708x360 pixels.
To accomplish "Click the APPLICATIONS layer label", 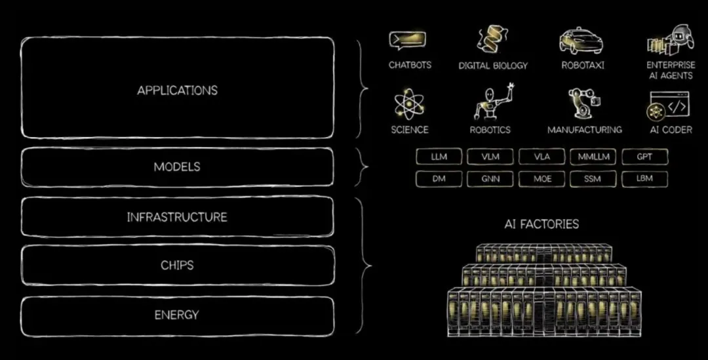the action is click(177, 90).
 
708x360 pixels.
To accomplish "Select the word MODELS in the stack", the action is click(177, 167).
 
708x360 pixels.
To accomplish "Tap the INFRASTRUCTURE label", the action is click(177, 216).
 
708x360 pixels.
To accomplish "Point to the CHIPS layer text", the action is click(177, 266).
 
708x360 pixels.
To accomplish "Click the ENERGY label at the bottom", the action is click(177, 315).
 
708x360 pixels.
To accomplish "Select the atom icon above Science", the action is click(409, 106).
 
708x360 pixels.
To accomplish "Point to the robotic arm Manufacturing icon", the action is click(584, 104).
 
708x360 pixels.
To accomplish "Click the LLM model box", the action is click(439, 157).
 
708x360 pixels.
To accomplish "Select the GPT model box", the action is click(644, 157).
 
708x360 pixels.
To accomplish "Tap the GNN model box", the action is click(490, 178).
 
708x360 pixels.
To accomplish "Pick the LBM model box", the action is click(644, 178).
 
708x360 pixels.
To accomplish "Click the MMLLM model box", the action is click(593, 157).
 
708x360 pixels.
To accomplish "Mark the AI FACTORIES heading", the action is click(541, 224).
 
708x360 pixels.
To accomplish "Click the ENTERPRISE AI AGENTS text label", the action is click(670, 70).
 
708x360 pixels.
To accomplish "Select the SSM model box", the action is click(593, 178).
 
